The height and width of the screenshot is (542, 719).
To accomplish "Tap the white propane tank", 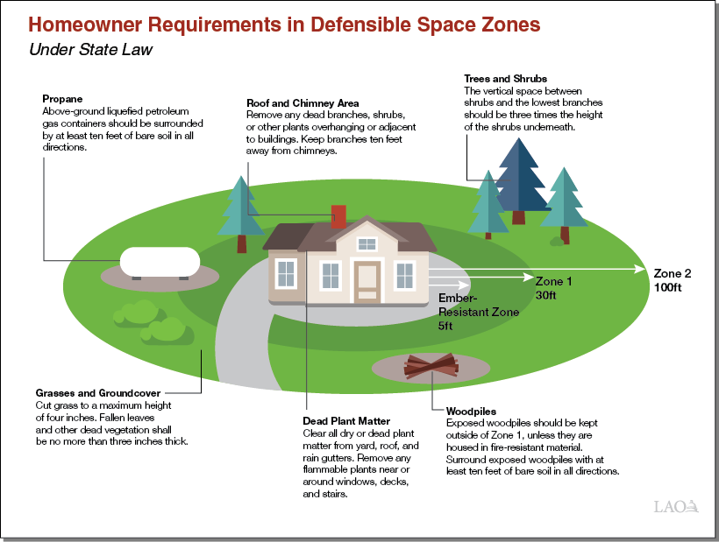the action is click(160, 261).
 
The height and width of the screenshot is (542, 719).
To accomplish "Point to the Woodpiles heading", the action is click(471, 410).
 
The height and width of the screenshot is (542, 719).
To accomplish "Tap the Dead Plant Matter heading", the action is click(346, 421).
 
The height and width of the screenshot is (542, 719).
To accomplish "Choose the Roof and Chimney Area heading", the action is click(303, 103).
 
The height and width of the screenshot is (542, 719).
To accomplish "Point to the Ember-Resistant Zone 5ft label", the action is click(479, 312).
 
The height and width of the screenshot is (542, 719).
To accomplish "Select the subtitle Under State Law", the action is click(91, 49).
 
